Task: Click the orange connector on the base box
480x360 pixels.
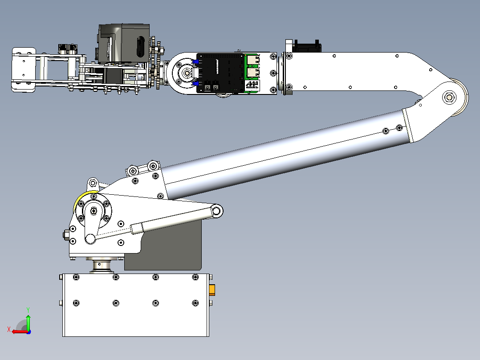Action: click(212, 290)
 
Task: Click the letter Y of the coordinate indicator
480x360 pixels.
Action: click(28, 310)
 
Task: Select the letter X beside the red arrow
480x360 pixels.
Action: click(9, 329)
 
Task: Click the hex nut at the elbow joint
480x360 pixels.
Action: click(449, 98)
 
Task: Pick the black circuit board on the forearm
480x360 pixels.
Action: click(220, 73)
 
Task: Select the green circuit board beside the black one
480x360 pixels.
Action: click(252, 73)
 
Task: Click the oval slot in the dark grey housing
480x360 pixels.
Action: click(141, 47)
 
